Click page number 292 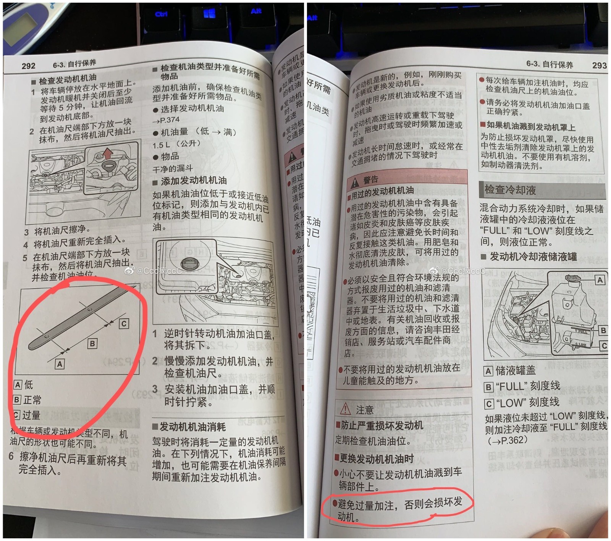[29, 66]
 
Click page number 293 [599, 65]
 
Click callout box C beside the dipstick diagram [124, 324]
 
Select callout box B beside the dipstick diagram [92, 343]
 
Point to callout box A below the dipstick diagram [60, 364]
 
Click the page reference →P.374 [166, 120]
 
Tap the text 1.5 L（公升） [176, 144]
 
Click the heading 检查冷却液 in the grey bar [510, 190]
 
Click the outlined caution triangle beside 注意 [345, 409]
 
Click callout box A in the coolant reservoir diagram [600, 280]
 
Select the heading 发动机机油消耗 [192, 426]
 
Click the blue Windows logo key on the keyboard [209, 14]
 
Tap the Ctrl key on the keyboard [161, 15]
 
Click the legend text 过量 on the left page [31, 415]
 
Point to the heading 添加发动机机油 [194, 180]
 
